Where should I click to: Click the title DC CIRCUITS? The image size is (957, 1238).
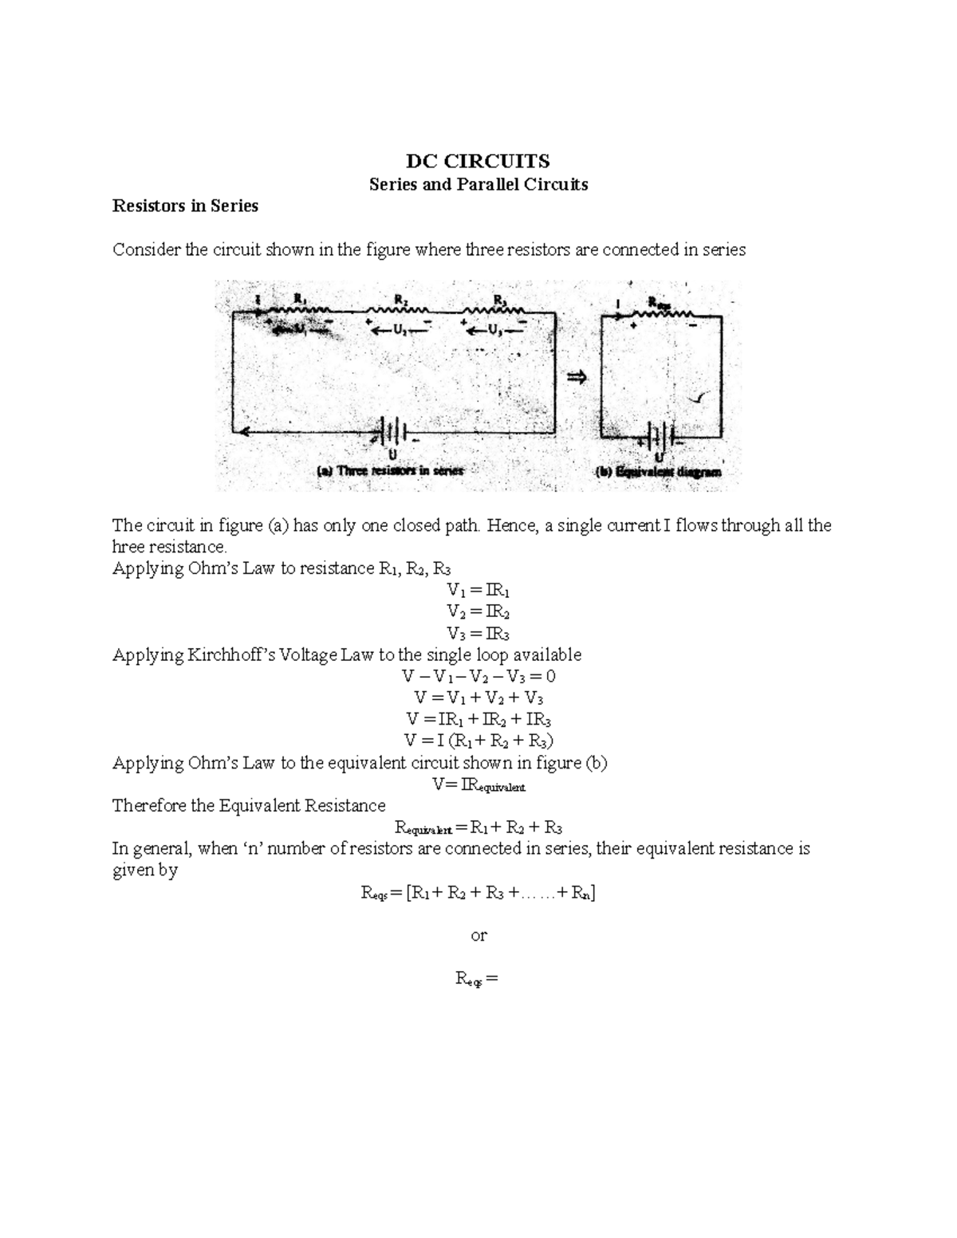click(x=478, y=161)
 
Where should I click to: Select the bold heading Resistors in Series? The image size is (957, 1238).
click(x=185, y=206)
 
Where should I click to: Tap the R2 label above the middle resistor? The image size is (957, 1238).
click(x=401, y=299)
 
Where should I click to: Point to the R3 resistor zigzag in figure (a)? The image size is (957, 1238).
click(x=494, y=310)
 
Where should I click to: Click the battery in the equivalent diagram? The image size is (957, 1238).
click(x=659, y=435)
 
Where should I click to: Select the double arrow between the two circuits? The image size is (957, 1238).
click(x=576, y=377)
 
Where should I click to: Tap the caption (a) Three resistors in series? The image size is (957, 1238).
click(x=390, y=470)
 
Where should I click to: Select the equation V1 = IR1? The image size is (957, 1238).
click(x=478, y=591)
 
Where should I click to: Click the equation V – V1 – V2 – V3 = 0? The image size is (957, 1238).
click(x=478, y=677)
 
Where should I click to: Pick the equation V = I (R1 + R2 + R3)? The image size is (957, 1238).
click(x=478, y=741)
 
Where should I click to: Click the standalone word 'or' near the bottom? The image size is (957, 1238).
click(x=478, y=935)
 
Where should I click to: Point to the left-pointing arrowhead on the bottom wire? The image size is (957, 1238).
click(x=239, y=432)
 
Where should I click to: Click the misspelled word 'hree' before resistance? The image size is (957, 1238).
click(x=127, y=547)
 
